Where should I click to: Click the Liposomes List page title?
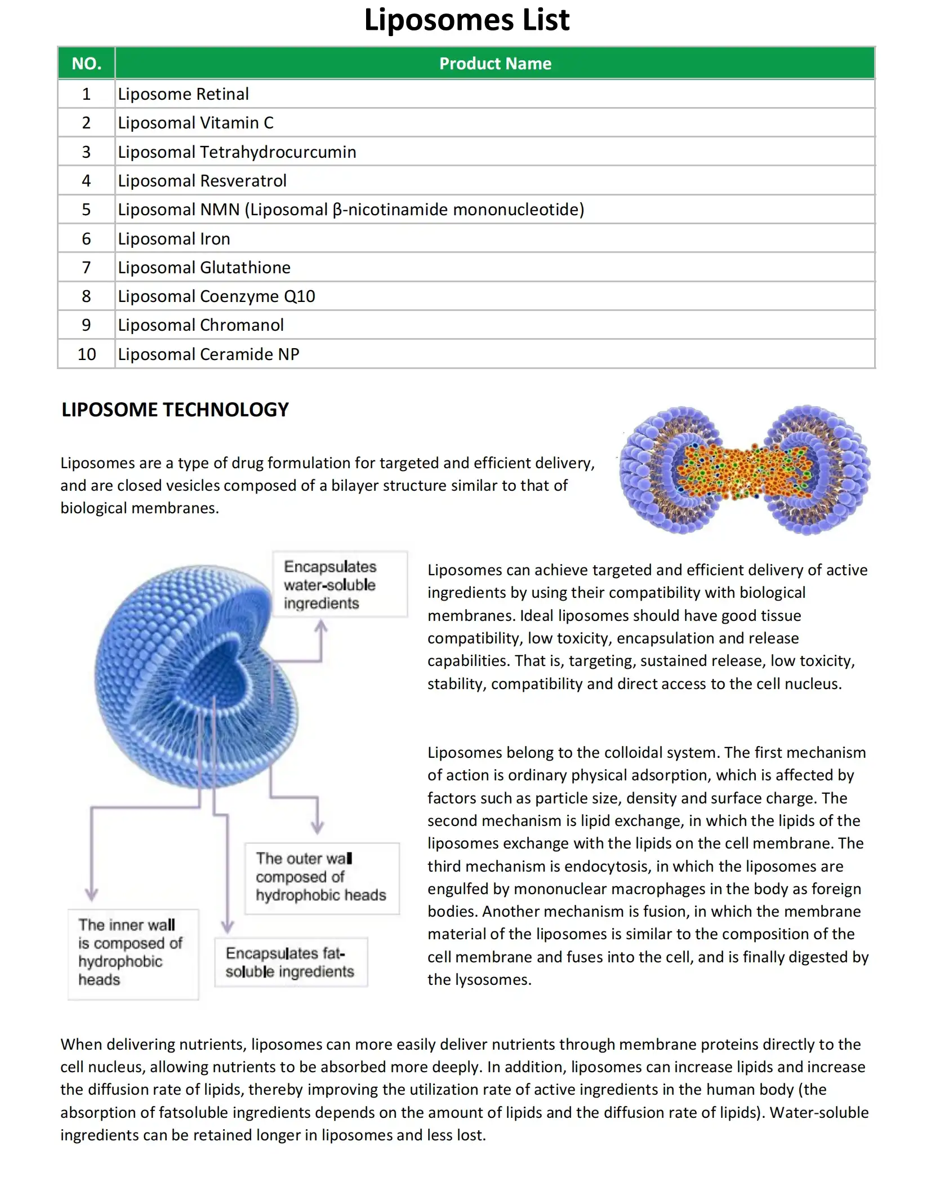(x=466, y=20)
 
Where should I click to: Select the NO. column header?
(x=86, y=63)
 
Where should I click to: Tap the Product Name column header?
(x=495, y=63)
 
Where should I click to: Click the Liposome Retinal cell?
(x=183, y=94)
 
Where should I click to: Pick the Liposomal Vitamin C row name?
(x=195, y=123)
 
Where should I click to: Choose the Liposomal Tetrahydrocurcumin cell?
(x=237, y=152)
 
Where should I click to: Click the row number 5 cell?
(x=86, y=210)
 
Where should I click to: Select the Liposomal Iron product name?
(x=173, y=239)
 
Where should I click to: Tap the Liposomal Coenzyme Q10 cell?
(x=216, y=296)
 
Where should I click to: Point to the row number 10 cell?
(x=86, y=354)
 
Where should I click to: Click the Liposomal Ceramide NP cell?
(x=208, y=354)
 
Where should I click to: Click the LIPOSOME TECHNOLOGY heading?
(x=175, y=410)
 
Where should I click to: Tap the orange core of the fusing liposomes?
(x=743, y=470)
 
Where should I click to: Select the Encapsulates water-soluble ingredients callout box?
(x=340, y=584)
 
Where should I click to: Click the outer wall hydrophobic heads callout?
(x=322, y=877)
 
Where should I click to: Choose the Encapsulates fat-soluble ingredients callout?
(x=291, y=962)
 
